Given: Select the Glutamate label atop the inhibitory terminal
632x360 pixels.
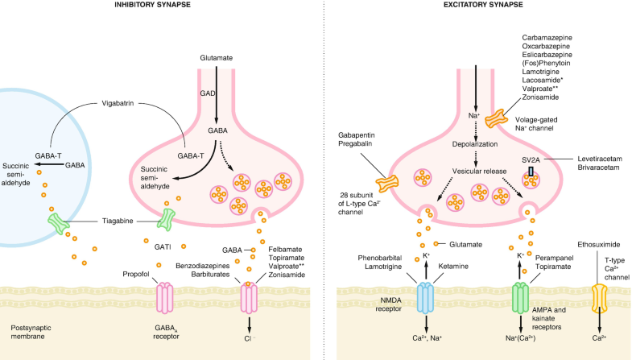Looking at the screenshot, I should tap(216, 57).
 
